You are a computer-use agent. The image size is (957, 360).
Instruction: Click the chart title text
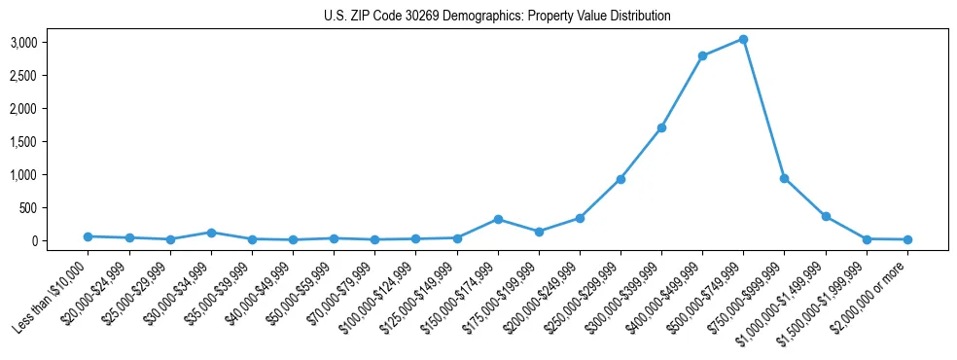pyautogui.click(x=497, y=17)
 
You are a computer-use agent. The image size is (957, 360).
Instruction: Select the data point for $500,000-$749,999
pyautogui.click(x=743, y=39)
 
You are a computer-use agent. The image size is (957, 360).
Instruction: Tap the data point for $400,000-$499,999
pyautogui.click(x=702, y=55)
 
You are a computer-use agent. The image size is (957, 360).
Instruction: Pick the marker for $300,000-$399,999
pyautogui.click(x=661, y=127)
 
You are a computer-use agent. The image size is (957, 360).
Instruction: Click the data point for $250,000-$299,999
pyautogui.click(x=620, y=179)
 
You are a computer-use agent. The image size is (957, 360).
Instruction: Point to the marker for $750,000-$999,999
pyautogui.click(x=784, y=178)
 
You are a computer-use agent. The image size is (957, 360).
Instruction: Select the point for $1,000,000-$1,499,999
pyautogui.click(x=826, y=216)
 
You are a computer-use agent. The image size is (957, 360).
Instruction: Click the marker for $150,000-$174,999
pyautogui.click(x=498, y=219)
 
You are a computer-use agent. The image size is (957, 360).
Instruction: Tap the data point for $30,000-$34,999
pyautogui.click(x=211, y=233)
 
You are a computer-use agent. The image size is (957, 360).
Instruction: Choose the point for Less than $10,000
pyautogui.click(x=88, y=236)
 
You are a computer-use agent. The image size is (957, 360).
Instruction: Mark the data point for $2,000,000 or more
pyautogui.click(x=907, y=239)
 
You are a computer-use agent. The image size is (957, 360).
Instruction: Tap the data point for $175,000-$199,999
pyautogui.click(x=539, y=232)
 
